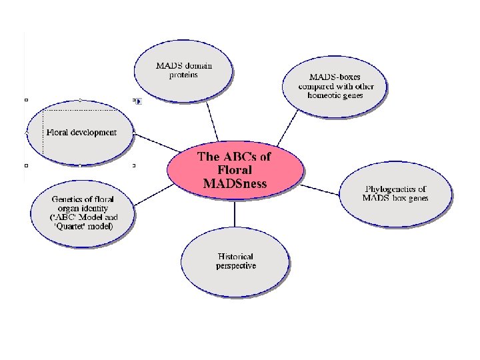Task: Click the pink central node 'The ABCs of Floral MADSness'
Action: click(x=235, y=171)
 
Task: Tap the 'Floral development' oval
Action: click(x=81, y=132)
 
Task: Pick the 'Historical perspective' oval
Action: click(x=235, y=261)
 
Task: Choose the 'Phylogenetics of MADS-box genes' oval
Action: click(x=395, y=194)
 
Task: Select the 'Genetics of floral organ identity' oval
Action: click(x=83, y=213)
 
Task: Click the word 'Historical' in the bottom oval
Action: click(x=236, y=257)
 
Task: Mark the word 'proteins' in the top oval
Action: click(x=183, y=75)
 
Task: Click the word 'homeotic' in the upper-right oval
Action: click(x=324, y=95)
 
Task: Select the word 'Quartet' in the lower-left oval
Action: click(x=70, y=226)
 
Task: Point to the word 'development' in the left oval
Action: click(x=92, y=132)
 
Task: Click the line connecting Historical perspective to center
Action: click(x=235, y=213)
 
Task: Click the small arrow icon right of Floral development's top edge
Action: click(x=138, y=101)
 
